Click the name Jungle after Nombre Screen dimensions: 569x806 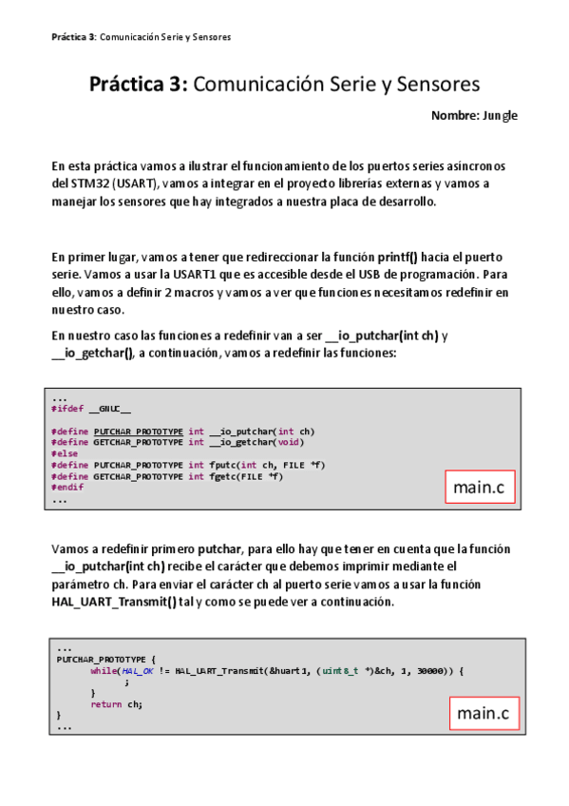click(500, 115)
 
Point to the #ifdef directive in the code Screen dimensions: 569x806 click(67, 409)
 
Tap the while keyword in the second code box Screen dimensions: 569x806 click(103, 671)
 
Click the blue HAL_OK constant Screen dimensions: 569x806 click(138, 671)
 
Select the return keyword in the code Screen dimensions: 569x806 click(107, 704)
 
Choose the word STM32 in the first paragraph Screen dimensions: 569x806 click(85, 182)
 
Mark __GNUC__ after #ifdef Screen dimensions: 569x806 click(110, 409)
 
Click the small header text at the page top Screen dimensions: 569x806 click(142, 37)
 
